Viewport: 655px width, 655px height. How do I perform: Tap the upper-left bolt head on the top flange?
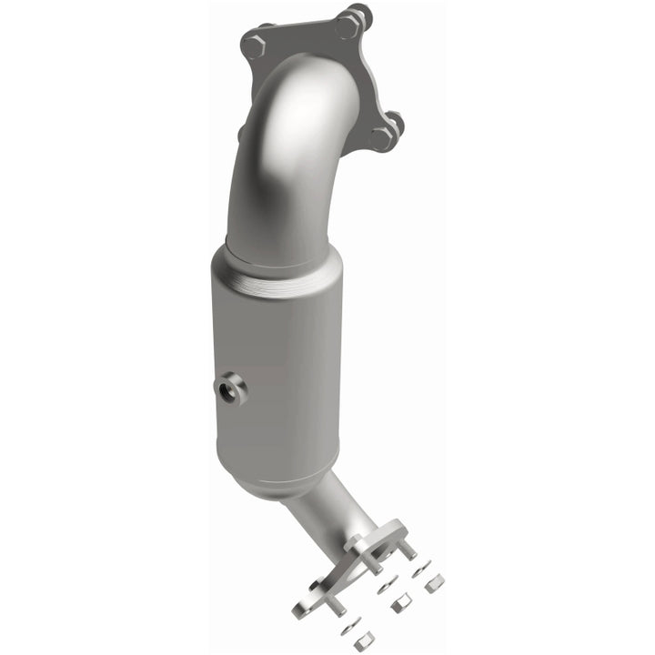click(x=255, y=42)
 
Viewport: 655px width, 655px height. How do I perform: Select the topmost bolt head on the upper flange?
click(x=349, y=24)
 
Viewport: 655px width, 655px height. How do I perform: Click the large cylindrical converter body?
click(x=277, y=364)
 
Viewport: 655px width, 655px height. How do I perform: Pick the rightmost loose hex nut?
click(x=435, y=583)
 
